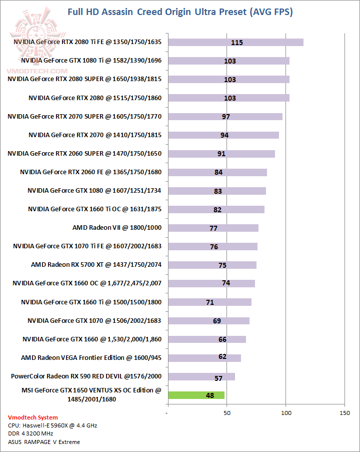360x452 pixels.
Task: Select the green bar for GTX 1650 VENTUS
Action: click(196, 395)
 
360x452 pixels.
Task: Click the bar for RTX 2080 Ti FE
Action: click(235, 42)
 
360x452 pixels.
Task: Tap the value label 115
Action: click(237, 43)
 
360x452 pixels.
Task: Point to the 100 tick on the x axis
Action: click(286, 413)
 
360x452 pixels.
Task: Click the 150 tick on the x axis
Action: click(344, 413)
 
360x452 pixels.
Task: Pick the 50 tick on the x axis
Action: click(227, 413)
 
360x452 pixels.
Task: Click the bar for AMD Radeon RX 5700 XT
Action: click(212, 265)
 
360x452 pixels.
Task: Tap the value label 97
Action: click(225, 117)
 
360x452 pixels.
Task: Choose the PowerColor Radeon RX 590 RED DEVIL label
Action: click(86, 376)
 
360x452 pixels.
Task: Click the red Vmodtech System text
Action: click(33, 417)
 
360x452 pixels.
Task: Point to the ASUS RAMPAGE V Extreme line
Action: click(44, 442)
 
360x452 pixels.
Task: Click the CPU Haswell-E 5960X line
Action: click(52, 425)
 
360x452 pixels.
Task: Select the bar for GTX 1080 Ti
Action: click(228, 61)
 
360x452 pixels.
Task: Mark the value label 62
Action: click(222, 356)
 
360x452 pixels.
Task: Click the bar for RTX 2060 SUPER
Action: click(221, 154)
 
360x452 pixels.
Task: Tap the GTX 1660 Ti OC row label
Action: click(94, 209)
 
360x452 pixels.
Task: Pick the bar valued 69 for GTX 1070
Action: click(208, 321)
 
